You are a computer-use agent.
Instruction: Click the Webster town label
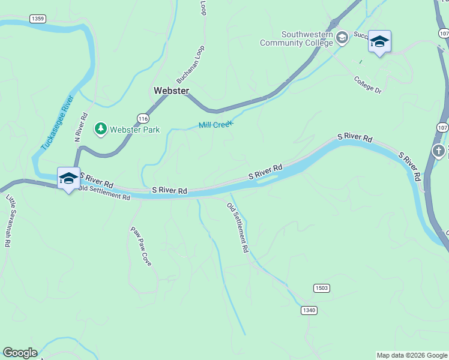(171, 91)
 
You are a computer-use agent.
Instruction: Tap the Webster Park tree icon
(101, 128)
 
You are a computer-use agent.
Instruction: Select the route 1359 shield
(37, 19)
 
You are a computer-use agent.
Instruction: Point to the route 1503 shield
(321, 288)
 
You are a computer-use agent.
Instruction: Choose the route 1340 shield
(309, 310)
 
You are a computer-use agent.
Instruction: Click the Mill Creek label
(215, 125)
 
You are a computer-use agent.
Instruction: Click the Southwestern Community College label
(296, 39)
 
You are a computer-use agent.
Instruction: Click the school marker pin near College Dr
(379, 42)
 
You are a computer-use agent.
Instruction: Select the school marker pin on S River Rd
(69, 178)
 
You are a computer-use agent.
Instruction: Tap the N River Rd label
(81, 127)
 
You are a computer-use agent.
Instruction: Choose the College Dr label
(367, 85)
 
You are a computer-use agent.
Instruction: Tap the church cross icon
(439, 151)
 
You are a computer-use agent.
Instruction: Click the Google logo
(20, 353)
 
